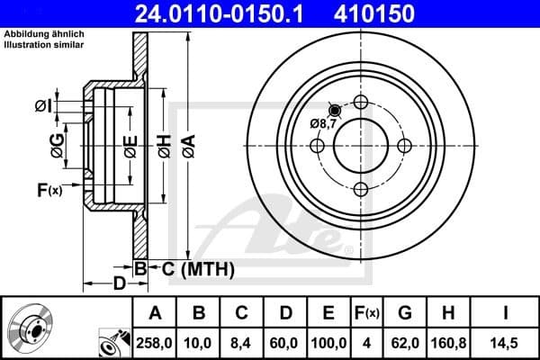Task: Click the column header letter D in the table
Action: click(x=284, y=313)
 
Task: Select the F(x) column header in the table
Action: click(x=367, y=313)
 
